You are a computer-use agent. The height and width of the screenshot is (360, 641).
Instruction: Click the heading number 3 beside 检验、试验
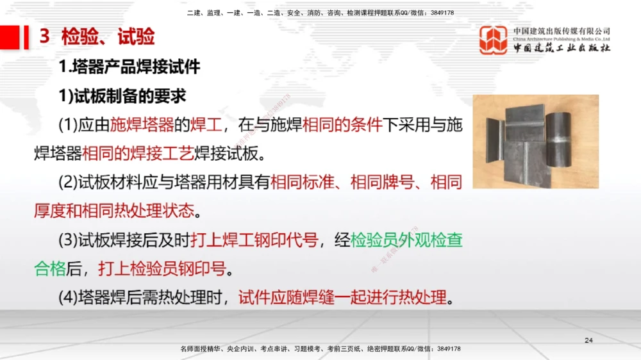click(45, 37)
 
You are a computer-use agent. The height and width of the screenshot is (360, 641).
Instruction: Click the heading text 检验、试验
click(108, 37)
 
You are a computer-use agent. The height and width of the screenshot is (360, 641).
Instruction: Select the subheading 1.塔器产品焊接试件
click(129, 67)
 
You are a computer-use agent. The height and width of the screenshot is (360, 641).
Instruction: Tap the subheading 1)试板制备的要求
click(122, 95)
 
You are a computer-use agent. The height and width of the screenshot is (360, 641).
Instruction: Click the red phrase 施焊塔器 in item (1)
click(142, 125)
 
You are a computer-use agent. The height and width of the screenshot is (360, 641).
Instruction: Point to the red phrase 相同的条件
click(342, 125)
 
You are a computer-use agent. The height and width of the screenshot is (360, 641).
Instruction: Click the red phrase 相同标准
click(302, 183)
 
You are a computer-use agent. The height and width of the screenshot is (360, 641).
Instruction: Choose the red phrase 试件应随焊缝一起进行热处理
click(342, 298)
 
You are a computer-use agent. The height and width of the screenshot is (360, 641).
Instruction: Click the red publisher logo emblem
click(494, 40)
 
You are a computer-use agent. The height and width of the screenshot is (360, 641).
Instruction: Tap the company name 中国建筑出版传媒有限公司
click(562, 31)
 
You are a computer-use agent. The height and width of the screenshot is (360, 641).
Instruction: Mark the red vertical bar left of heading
click(26, 37)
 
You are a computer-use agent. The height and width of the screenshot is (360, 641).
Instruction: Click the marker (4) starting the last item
click(68, 298)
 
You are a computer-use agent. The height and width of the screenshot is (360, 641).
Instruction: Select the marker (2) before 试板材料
click(68, 183)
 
